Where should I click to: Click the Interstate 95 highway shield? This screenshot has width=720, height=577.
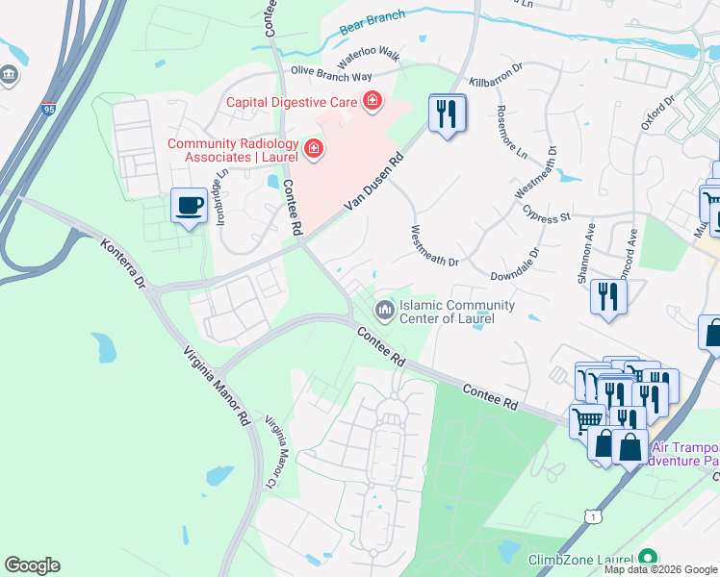49,110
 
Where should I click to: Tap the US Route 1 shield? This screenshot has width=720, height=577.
594,517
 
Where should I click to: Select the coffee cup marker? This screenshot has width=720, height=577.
189,205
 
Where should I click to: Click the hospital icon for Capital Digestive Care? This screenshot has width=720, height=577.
372,101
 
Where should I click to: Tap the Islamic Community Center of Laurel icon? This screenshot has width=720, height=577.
384,309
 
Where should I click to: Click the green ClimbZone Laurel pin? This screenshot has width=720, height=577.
648,559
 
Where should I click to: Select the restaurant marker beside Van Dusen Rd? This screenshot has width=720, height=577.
447,114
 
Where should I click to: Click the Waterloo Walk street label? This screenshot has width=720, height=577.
368,55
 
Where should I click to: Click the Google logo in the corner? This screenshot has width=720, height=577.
32,565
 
